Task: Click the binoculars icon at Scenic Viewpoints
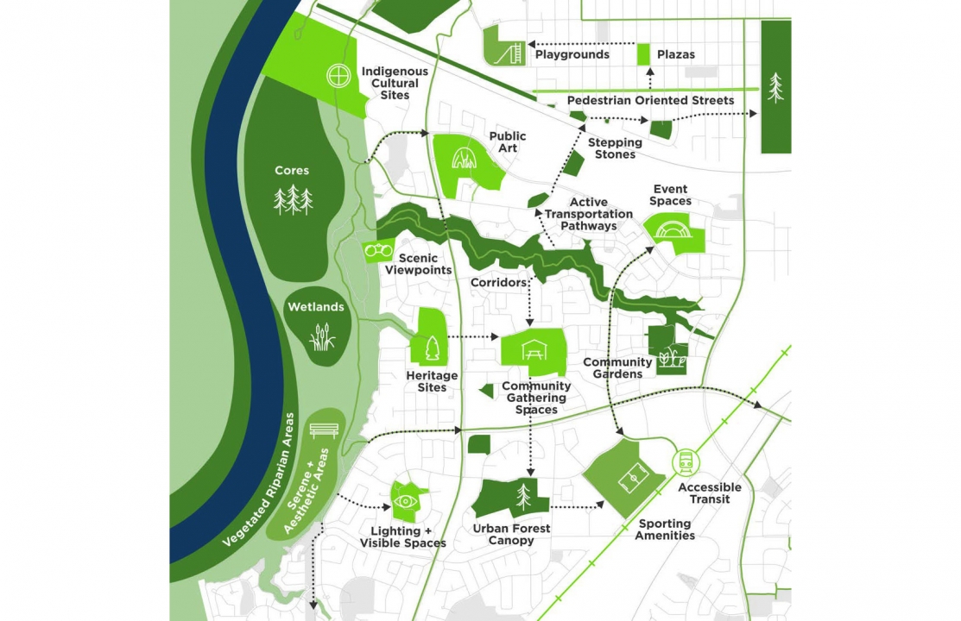point(379,251)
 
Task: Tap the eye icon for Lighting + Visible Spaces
point(404,501)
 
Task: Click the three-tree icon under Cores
point(293,200)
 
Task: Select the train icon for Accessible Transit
point(686,463)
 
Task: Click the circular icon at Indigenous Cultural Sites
point(338,76)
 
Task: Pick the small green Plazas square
point(643,54)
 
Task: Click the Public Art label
point(507,142)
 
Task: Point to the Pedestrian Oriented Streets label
point(650,101)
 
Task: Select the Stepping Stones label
point(615,148)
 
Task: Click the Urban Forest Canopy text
point(511,535)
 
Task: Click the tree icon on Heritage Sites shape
point(431,348)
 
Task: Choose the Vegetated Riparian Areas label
point(258,479)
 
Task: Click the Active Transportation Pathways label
point(589,214)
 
